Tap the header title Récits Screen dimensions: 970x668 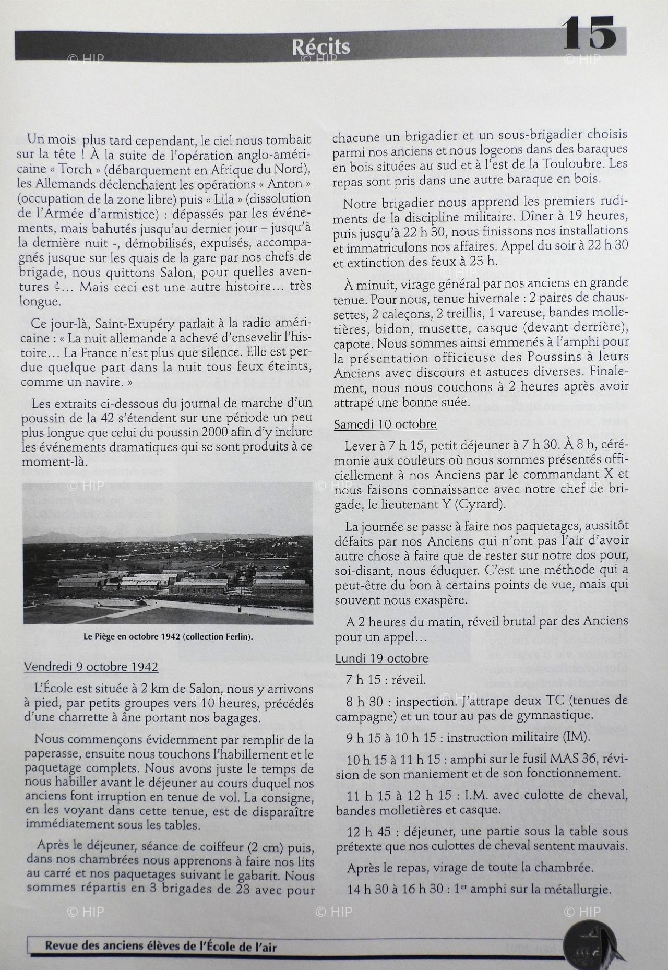(320, 48)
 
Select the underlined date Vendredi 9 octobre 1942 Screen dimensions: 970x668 (91, 667)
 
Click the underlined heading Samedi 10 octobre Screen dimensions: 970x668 (385, 424)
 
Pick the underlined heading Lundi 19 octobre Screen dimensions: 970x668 (381, 658)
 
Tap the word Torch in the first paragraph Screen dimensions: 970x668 (76, 169)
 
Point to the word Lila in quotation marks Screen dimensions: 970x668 (223, 199)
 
